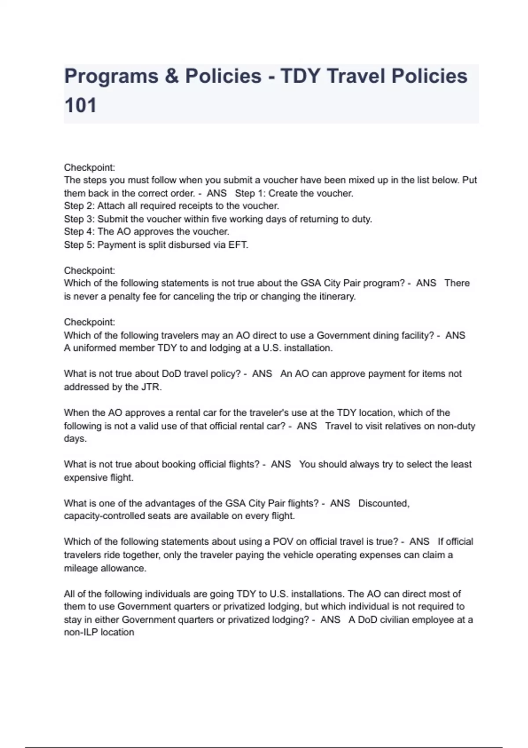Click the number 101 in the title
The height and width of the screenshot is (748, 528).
pos(80,106)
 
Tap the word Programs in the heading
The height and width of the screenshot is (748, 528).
pos(111,76)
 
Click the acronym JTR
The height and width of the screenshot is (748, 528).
pos(151,387)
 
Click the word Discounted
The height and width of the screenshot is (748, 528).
pos(384,503)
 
